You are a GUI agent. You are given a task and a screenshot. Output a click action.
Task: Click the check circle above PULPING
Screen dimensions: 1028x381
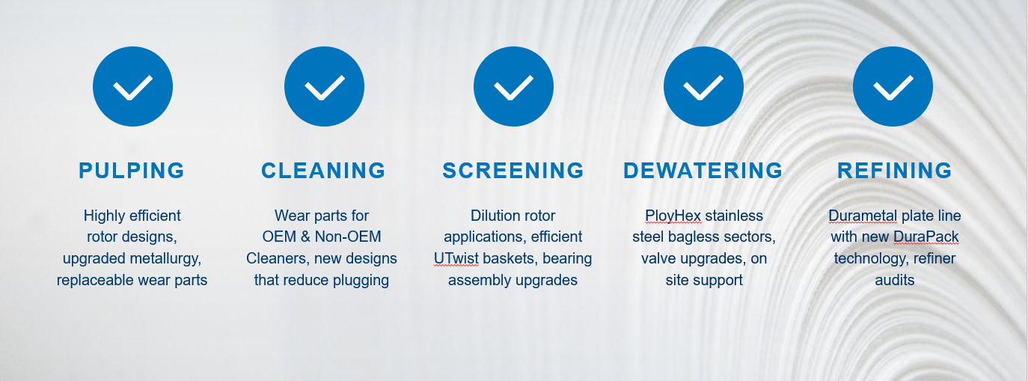[132, 86]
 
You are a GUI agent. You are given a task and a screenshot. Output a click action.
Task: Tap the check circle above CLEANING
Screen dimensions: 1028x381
[324, 86]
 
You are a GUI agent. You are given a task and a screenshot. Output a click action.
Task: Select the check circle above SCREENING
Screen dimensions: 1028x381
[513, 86]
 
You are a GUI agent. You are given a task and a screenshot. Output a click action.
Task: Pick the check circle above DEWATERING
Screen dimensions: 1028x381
[703, 86]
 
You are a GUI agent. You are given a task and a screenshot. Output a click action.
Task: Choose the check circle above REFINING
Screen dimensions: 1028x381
[893, 86]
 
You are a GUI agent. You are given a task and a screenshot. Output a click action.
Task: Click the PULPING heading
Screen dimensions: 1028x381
[132, 171]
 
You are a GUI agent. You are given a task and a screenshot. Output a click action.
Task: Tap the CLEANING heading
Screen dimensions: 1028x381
[323, 171]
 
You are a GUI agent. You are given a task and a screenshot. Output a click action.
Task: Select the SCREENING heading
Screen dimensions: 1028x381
[513, 171]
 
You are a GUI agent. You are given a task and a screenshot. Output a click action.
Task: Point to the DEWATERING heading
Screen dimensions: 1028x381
[703, 171]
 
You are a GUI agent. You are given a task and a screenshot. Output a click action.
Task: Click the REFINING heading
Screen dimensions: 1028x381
[895, 171]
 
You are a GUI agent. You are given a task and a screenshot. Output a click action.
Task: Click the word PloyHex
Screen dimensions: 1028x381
[673, 216]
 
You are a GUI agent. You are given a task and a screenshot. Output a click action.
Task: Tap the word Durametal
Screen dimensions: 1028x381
[863, 216]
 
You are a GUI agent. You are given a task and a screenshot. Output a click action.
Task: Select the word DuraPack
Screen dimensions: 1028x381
[926, 237]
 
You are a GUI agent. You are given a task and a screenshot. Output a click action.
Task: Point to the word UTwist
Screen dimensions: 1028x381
[456, 258]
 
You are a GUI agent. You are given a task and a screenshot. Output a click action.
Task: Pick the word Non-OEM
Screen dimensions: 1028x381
[349, 237]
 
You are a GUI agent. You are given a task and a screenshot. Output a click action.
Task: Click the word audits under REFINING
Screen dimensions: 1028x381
[895, 280]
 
